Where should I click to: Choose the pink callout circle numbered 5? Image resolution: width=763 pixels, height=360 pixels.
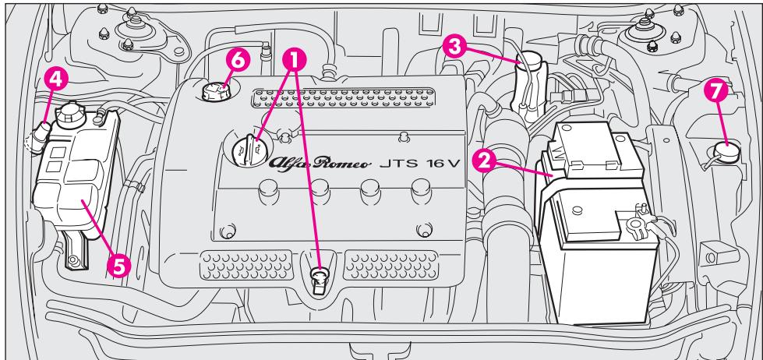click(x=119, y=265)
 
